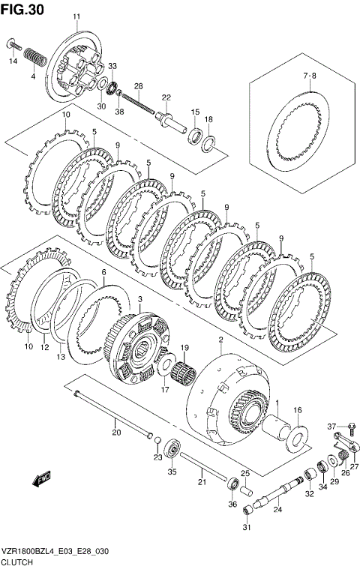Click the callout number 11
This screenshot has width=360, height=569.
(x=76, y=16)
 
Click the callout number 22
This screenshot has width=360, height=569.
(x=166, y=97)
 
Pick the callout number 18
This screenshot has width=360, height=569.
(x=209, y=119)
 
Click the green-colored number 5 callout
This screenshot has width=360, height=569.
(x=256, y=224)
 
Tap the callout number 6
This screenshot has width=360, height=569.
(x=103, y=274)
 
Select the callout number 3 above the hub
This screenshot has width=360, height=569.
(x=139, y=299)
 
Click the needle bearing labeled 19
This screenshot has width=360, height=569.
(x=181, y=370)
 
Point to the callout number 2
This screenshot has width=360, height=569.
(x=220, y=340)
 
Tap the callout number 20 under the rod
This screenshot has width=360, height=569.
(x=115, y=432)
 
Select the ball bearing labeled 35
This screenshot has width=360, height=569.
(x=172, y=452)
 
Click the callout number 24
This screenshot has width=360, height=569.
(x=277, y=511)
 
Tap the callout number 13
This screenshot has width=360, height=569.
(x=61, y=358)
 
